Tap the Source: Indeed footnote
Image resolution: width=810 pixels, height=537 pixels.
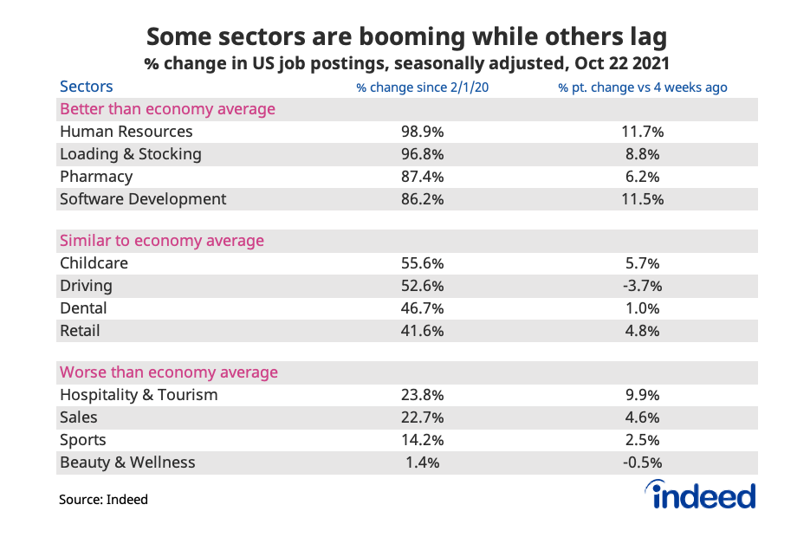(103, 500)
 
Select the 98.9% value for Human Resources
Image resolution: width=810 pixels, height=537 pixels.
(423, 132)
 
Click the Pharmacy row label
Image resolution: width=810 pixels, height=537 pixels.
(96, 177)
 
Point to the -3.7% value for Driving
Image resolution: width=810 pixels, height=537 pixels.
(642, 286)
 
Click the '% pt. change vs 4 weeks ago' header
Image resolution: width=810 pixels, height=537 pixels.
(642, 87)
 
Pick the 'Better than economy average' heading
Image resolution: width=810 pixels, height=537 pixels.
(167, 109)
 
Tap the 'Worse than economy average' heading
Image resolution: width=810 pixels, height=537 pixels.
(169, 372)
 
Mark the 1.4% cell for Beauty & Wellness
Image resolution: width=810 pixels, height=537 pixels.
(423, 463)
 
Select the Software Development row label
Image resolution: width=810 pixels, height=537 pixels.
(143, 199)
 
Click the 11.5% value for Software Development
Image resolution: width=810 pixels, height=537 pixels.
(642, 199)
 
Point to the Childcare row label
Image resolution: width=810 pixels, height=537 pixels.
(94, 263)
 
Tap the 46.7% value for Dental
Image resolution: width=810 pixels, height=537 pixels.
(423, 308)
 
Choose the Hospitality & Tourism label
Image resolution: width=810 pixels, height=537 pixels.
(139, 395)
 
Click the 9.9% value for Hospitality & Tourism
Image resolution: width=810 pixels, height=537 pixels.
(642, 395)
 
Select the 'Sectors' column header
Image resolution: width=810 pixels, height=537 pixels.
(86, 87)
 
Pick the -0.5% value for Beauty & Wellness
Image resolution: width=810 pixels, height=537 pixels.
(642, 463)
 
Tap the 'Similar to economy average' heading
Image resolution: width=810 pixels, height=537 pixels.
(162, 241)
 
